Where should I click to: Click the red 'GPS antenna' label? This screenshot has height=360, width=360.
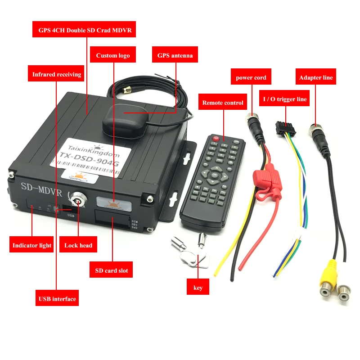tap(175, 55)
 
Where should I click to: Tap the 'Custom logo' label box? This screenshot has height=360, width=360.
tap(113, 55)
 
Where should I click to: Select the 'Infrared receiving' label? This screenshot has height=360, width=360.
tap(57, 74)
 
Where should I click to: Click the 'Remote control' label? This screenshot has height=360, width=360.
tap(223, 103)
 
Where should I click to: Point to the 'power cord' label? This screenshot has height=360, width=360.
tap(251, 77)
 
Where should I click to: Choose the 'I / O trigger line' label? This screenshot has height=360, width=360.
tap(285, 99)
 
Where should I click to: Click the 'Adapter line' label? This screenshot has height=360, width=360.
tap(316, 77)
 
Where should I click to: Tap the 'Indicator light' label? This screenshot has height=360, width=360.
tap(32, 245)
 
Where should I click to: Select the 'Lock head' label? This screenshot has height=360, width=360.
tap(78, 245)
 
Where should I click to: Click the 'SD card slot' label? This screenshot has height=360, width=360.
tap(112, 270)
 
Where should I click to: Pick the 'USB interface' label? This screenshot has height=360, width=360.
tap(57, 298)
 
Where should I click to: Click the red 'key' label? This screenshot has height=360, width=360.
tap(198, 288)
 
